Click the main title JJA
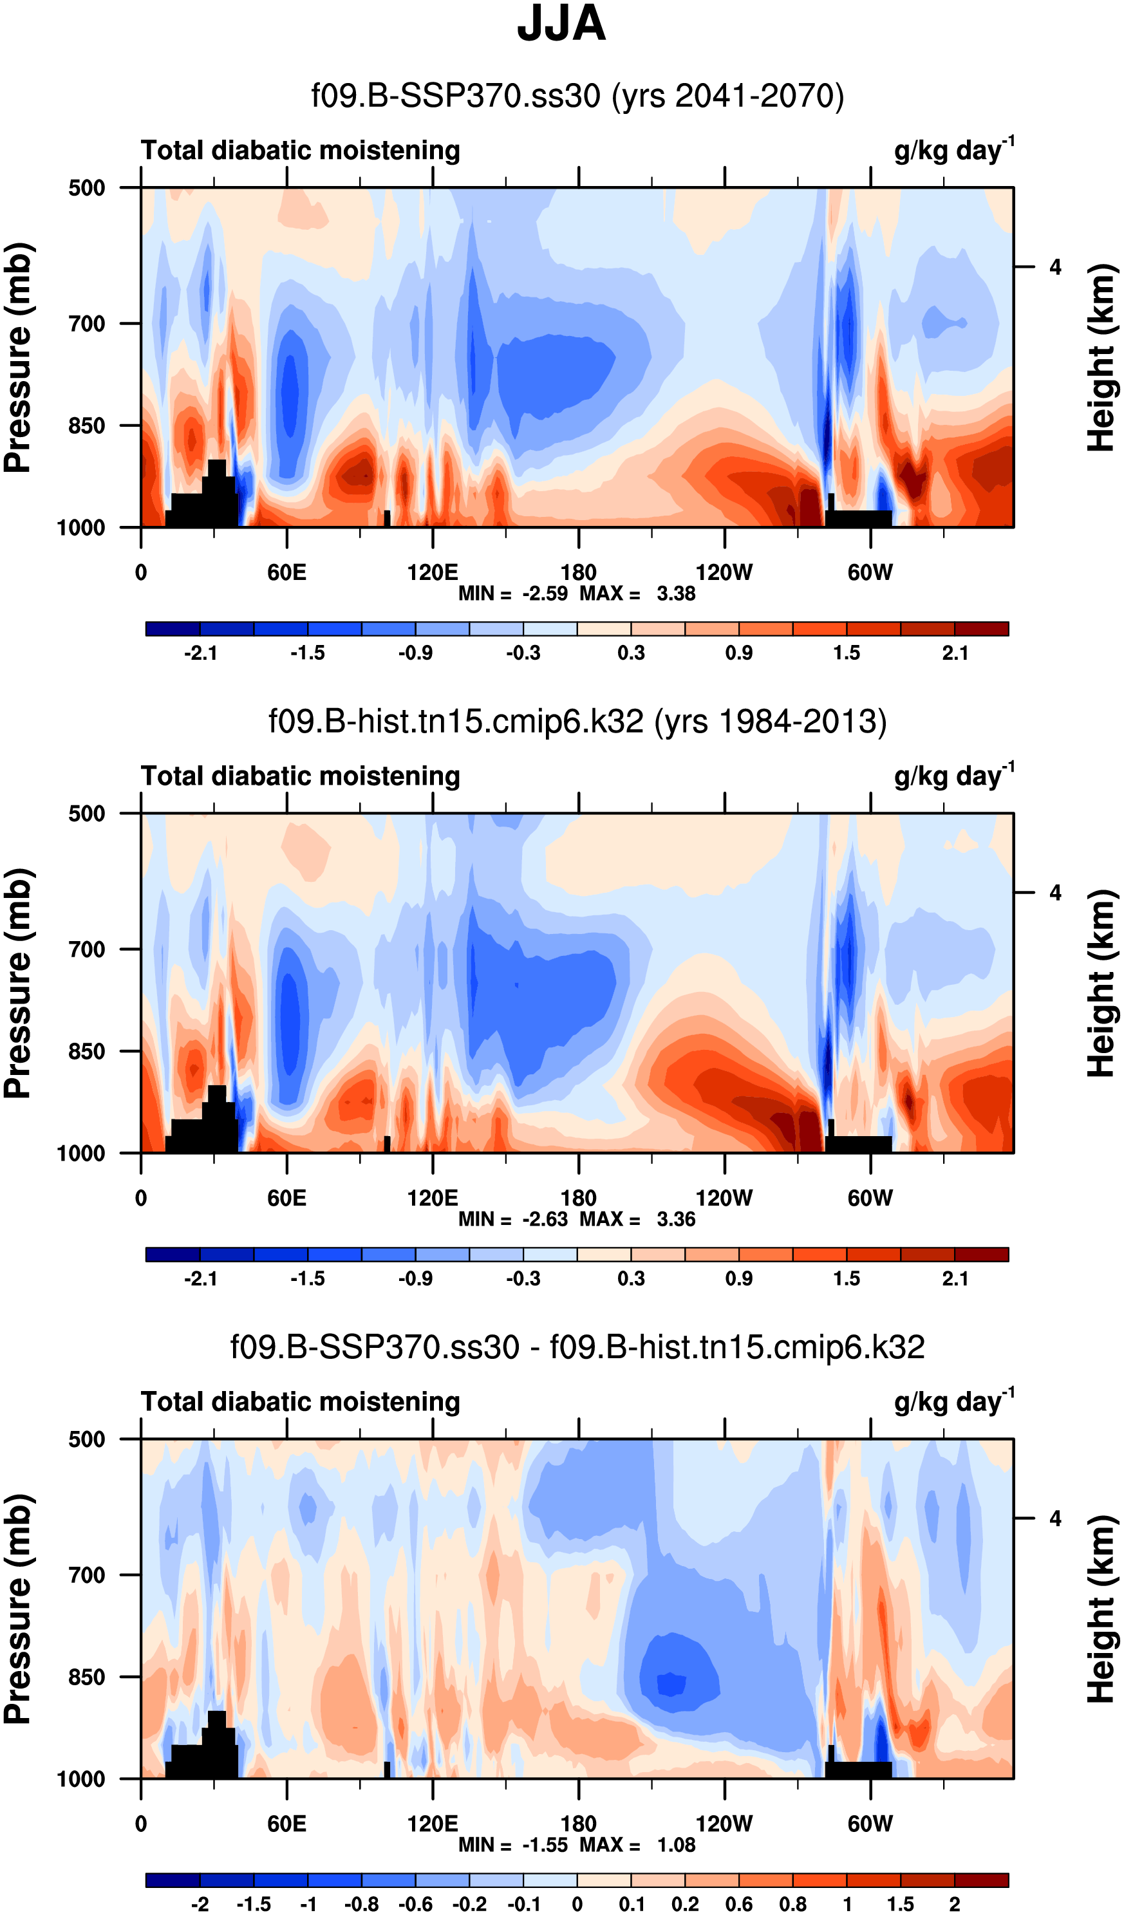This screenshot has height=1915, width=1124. coord(561,24)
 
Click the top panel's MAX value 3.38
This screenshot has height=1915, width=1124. coord(675,593)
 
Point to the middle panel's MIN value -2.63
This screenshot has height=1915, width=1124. coord(545,1219)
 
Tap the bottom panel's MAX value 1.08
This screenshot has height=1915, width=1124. coord(675,1844)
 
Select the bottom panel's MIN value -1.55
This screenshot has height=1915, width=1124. coord(545,1844)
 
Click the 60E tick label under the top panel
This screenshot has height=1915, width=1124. coord(286,572)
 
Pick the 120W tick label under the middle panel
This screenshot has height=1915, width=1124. coord(724,1199)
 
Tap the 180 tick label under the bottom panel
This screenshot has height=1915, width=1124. coord(578,1824)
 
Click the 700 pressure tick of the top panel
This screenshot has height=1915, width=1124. coord(87,324)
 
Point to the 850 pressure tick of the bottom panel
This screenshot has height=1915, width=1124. coord(87,1677)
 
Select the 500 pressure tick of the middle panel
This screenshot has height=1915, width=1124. coord(87,814)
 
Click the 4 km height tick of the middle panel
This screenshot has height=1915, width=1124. coord(1055,893)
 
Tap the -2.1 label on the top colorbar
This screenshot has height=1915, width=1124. coord(201,653)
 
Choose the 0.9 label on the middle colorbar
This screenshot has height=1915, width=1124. coord(738,1278)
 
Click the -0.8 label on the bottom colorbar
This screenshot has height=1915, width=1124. coord(361,1903)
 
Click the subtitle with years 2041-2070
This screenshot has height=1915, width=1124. coord(577,97)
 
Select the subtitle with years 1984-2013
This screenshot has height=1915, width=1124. coord(577,721)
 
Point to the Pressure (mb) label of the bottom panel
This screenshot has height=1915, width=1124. coord(18,1609)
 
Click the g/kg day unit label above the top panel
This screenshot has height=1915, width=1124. coord(953,150)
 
